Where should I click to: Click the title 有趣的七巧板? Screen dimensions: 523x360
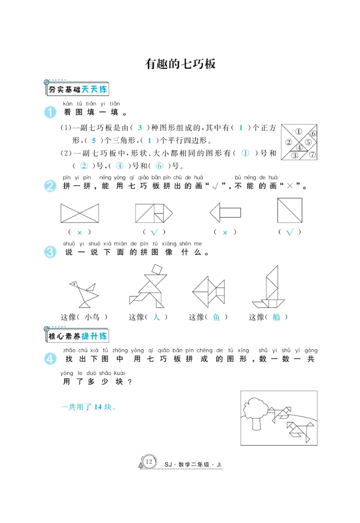(180, 64)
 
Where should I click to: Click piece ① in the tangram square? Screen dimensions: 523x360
(298, 132)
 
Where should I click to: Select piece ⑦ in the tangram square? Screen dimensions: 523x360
(312, 155)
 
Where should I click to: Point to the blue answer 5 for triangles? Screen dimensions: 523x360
(94, 140)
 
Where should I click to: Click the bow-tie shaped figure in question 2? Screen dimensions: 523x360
(80, 213)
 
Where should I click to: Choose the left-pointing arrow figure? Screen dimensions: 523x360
(225, 212)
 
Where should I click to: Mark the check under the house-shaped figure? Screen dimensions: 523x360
(154, 232)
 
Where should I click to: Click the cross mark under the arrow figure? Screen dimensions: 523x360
(225, 232)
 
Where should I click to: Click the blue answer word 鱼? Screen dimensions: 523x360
(216, 317)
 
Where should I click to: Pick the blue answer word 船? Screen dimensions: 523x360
(276, 317)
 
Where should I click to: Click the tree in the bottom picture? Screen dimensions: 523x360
(256, 411)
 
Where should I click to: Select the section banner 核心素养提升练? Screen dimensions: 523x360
(78, 336)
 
